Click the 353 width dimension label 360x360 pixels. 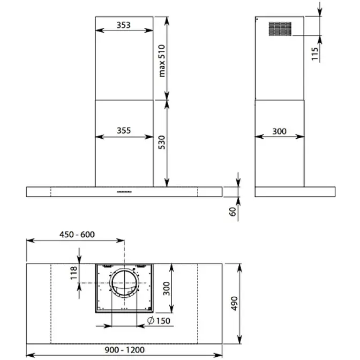(x=124, y=25)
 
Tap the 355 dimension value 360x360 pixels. (x=124, y=130)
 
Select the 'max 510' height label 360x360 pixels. (x=162, y=61)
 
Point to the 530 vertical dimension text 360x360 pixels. (x=162, y=142)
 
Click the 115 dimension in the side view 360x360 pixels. (x=315, y=54)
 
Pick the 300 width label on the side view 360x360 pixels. (x=280, y=131)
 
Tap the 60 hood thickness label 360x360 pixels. (x=232, y=212)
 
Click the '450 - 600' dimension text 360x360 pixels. (x=77, y=235)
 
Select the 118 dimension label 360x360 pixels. (x=74, y=273)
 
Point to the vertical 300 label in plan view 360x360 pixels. (x=166, y=288)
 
